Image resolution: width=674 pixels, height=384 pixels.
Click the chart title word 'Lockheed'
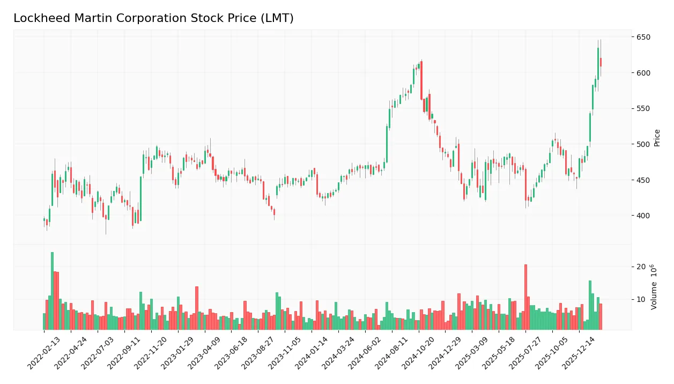click(36, 18)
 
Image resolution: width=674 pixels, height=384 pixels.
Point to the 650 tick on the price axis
click(643, 37)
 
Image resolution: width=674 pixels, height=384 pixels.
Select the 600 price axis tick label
click(643, 73)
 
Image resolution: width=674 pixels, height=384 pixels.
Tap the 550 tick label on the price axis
click(643, 108)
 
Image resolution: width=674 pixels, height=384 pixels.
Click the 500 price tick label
click(643, 144)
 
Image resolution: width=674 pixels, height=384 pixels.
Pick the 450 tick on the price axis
click(643, 180)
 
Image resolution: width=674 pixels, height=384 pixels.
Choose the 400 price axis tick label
click(643, 216)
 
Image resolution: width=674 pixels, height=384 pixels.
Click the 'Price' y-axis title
click(657, 138)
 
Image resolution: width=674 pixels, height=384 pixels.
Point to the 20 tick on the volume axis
click(641, 267)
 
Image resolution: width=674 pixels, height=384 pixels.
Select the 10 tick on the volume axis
click(641, 299)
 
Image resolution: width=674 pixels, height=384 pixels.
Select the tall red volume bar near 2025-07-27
click(525, 297)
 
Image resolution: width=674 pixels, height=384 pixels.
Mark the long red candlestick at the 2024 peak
click(421, 80)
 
